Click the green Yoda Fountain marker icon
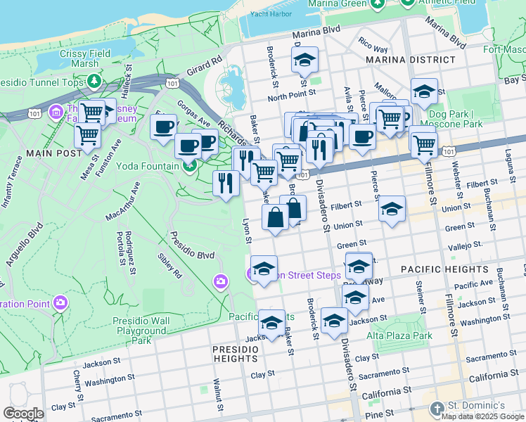pyautogui.click(x=188, y=166)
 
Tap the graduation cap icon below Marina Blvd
pyautogui.click(x=304, y=60)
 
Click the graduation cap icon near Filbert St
pyautogui.click(x=392, y=209)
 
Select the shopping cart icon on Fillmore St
pyautogui.click(x=424, y=144)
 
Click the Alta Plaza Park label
pyautogui.click(x=399, y=335)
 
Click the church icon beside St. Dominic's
pyautogui.click(x=437, y=407)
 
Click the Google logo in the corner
pyautogui.click(x=23, y=413)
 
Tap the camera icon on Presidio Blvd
pyautogui.click(x=222, y=282)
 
